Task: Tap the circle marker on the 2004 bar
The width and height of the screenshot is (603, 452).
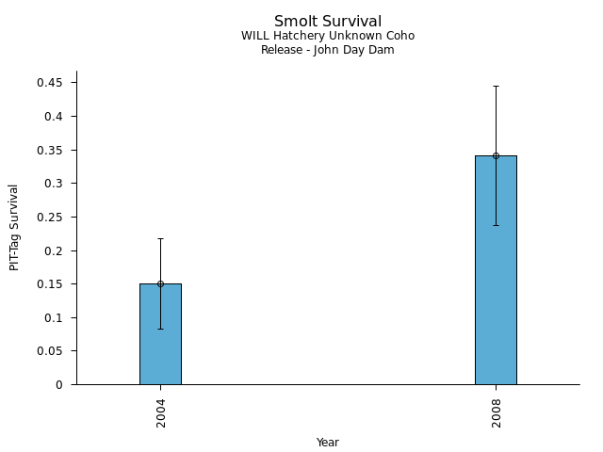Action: point(160,283)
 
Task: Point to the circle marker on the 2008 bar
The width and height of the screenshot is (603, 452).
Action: point(496,155)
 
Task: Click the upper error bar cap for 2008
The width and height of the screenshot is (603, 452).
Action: point(496,86)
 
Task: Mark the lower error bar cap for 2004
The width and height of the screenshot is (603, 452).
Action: point(160,329)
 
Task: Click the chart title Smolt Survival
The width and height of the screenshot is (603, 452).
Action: point(328,22)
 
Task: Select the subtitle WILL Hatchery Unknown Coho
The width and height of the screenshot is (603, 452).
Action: point(328,36)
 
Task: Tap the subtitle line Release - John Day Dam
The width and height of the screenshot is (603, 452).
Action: point(328,50)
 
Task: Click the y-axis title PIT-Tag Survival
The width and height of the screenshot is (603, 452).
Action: point(15,227)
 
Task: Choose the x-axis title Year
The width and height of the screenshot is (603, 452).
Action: point(328,443)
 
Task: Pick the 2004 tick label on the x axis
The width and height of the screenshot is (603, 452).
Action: point(161,412)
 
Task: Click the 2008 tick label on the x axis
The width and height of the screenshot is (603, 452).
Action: point(497,412)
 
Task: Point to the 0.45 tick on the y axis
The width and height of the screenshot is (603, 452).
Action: point(50,83)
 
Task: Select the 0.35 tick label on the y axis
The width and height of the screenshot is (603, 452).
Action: point(50,150)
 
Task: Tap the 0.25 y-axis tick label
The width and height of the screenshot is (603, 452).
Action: point(50,218)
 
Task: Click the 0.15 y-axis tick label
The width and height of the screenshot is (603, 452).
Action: point(50,284)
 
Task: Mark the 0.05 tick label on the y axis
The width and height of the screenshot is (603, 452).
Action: point(50,351)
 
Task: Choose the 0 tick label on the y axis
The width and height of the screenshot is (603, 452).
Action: point(59,385)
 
